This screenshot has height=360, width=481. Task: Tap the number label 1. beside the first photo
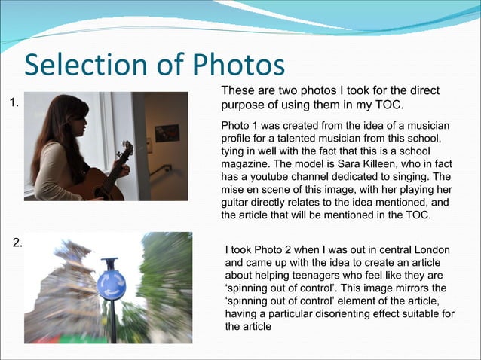click(14, 103)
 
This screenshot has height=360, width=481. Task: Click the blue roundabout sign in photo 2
click(111, 285)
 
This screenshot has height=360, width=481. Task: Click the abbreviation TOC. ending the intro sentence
click(387, 105)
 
